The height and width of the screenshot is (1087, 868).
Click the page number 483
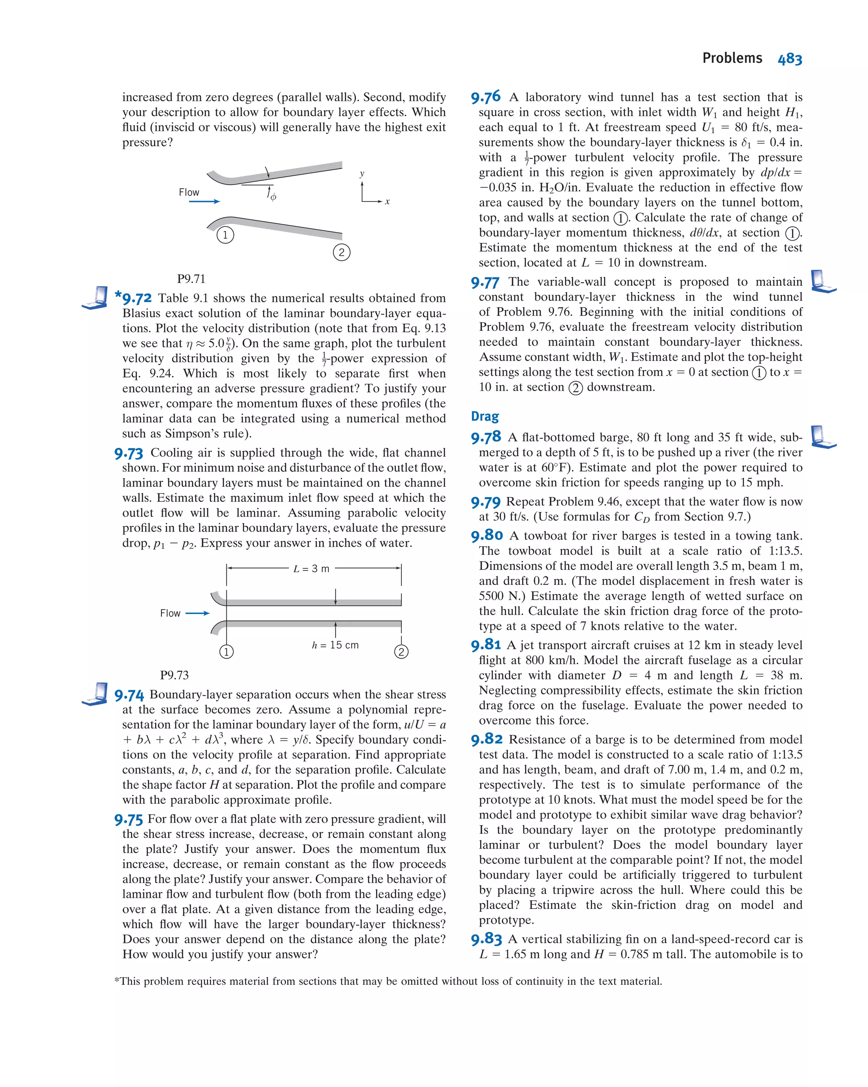[790, 59]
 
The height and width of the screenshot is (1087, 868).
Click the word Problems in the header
[732, 59]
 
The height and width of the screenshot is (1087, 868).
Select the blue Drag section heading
[484, 416]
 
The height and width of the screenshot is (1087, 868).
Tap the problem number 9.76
[486, 97]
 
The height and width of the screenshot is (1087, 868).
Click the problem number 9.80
[487, 535]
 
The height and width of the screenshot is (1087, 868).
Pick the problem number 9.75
[128, 819]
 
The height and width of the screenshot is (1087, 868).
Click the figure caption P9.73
[174, 675]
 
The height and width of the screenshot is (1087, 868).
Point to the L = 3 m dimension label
[312, 569]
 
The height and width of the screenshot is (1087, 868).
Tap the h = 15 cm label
[335, 645]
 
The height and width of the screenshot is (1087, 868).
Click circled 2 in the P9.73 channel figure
[401, 652]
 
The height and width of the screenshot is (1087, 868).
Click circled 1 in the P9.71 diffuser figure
[225, 235]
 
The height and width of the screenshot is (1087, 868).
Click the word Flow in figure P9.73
[170, 613]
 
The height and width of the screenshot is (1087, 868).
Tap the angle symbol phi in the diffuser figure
[273, 197]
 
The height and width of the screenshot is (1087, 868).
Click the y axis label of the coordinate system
[362, 174]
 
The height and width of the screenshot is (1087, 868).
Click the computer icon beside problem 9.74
[95, 694]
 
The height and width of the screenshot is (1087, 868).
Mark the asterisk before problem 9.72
[118, 294]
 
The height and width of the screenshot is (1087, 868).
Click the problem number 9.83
[486, 939]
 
